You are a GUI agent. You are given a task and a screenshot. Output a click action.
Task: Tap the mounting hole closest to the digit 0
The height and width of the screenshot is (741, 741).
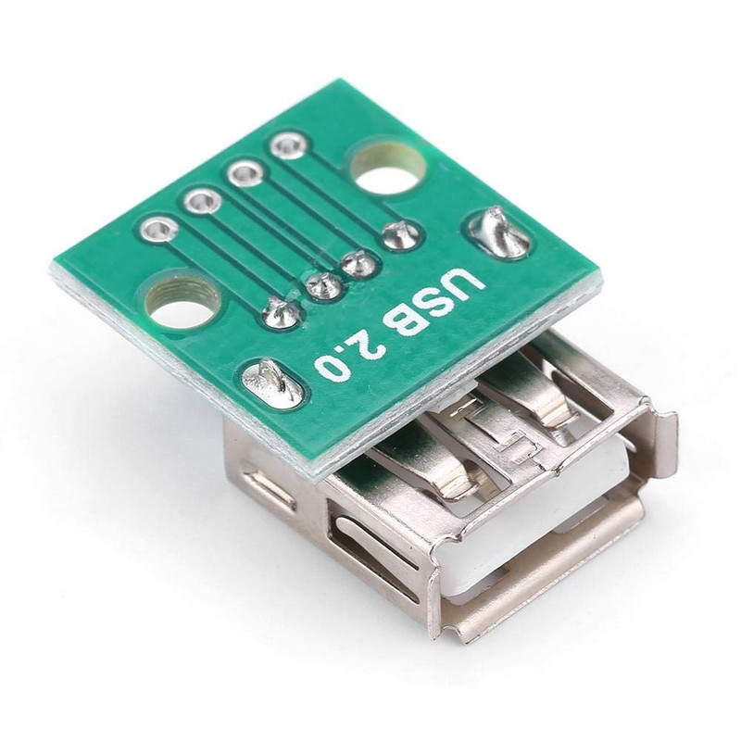point(182,300)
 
